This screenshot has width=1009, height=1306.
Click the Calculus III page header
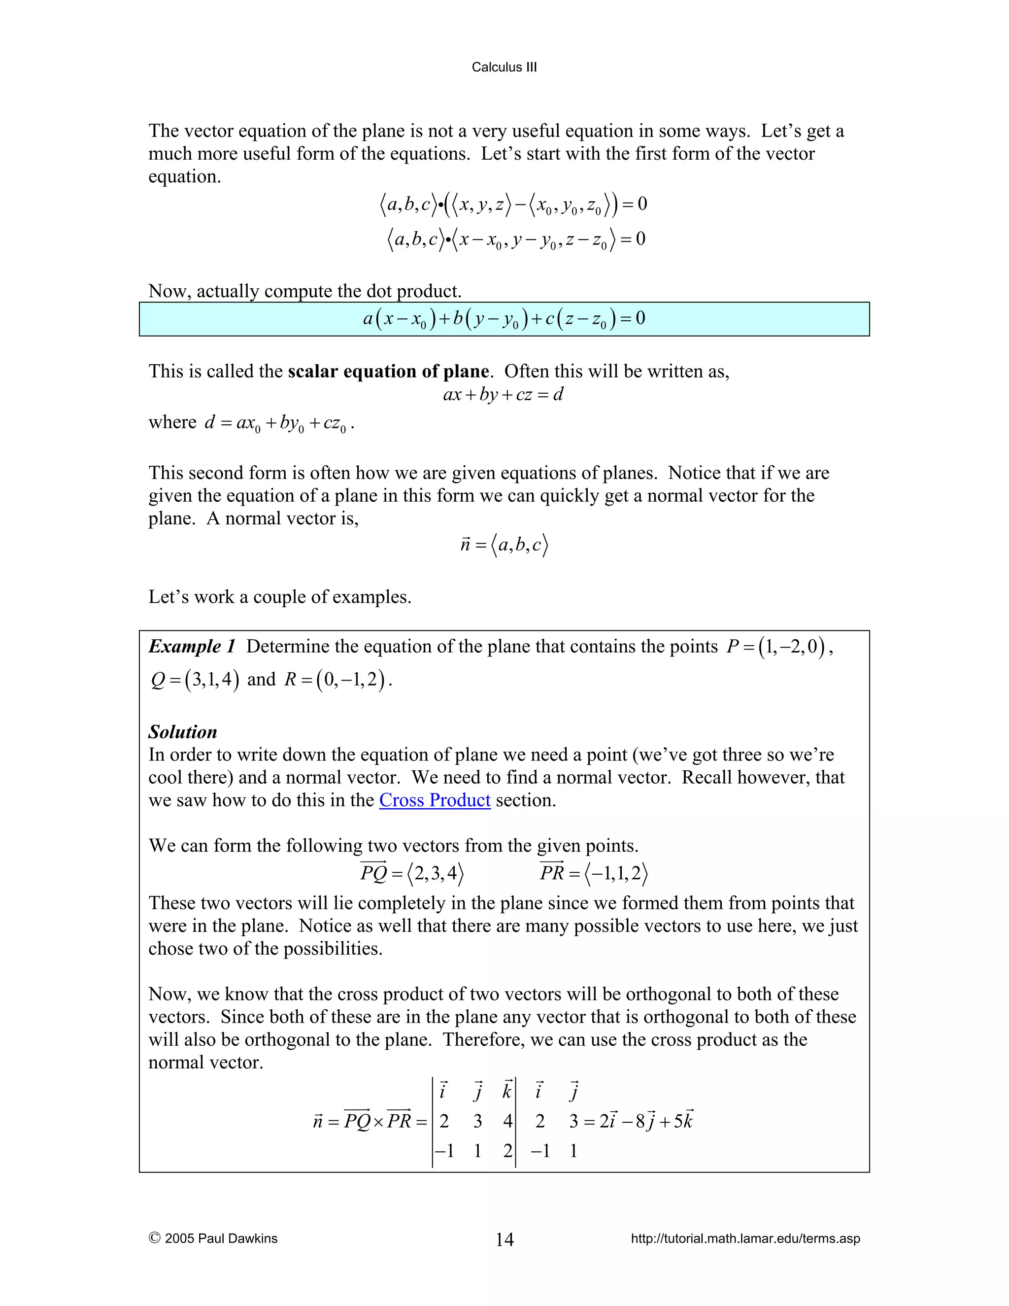tap(504, 67)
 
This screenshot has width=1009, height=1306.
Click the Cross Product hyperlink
tap(435, 800)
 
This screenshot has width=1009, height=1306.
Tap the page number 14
tap(504, 1239)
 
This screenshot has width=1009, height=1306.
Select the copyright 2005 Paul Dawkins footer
tap(213, 1238)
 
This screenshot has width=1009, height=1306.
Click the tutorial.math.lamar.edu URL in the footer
tap(745, 1238)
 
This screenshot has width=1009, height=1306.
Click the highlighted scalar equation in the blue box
tap(504, 319)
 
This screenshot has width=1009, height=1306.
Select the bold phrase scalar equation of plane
tap(388, 372)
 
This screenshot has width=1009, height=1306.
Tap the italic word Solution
tap(182, 732)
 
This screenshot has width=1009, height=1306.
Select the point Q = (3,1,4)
tap(195, 680)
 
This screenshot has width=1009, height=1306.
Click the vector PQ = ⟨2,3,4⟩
tap(412, 874)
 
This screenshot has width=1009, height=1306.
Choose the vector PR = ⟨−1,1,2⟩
tap(594, 874)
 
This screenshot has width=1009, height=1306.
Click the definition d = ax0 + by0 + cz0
tap(278, 423)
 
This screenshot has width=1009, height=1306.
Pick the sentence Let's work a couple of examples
tap(280, 597)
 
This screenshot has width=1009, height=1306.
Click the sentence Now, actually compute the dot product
tap(305, 291)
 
